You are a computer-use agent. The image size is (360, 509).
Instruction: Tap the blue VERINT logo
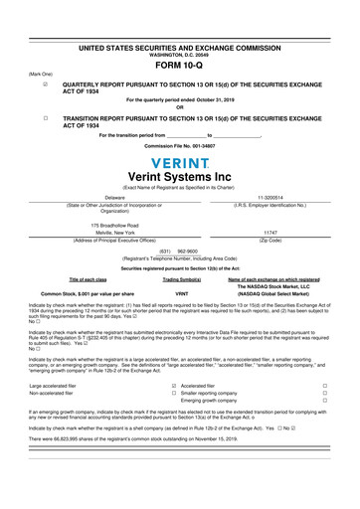[x=180, y=163]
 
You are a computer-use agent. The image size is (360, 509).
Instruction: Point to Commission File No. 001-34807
[x=180, y=145]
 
